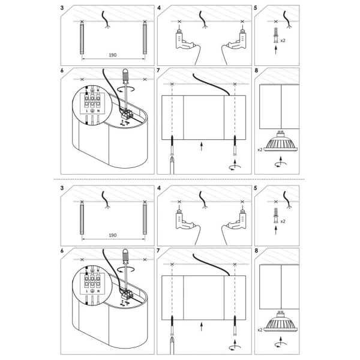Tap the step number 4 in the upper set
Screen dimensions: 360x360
[159, 9]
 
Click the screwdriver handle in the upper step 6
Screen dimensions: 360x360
[126, 76]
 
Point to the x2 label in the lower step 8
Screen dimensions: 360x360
[260, 330]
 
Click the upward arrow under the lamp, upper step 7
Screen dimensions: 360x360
[202, 145]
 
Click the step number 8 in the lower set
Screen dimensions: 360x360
[257, 250]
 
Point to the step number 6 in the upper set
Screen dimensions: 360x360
[62, 70]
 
